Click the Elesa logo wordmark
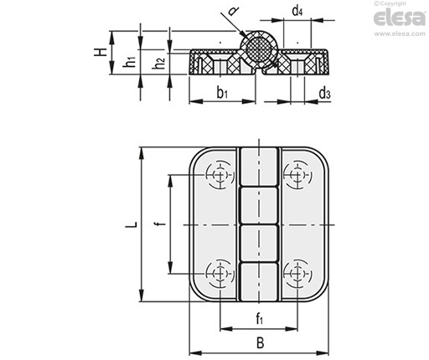click(x=400, y=18)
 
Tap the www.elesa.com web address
click(x=400, y=33)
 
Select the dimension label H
click(x=101, y=52)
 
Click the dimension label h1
click(x=129, y=61)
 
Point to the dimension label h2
click(x=158, y=63)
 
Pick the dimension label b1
click(x=222, y=92)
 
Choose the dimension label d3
click(x=324, y=93)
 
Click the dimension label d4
click(x=297, y=12)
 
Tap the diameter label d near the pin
click(x=233, y=11)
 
